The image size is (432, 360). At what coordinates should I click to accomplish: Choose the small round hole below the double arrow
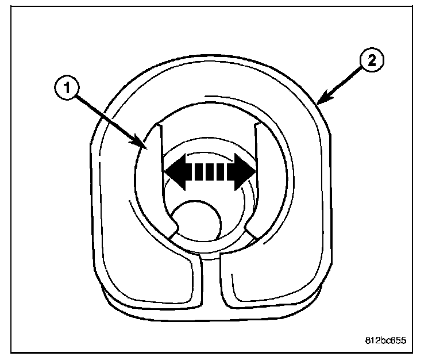click(198, 221)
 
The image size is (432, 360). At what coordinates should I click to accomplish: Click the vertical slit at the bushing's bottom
click(210, 282)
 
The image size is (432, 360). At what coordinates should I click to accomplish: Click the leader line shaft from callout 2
click(342, 85)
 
